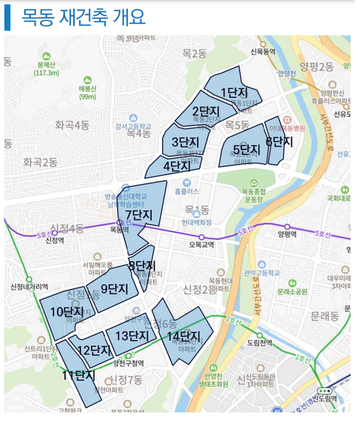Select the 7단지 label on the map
pos(139,215)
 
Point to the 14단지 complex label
pos(183,336)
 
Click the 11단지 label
pos(79,376)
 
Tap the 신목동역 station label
pos(263,52)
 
